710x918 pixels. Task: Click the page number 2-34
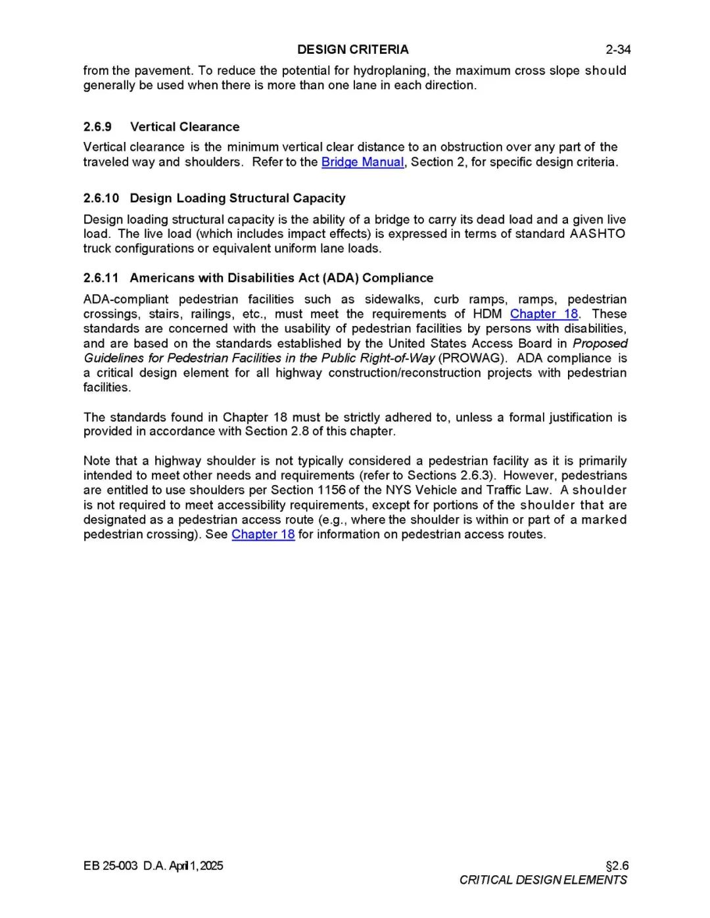(x=618, y=49)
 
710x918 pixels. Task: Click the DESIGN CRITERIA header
(x=352, y=49)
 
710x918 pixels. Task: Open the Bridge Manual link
(x=362, y=162)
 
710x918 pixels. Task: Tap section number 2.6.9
(x=97, y=127)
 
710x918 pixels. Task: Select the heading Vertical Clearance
(x=185, y=127)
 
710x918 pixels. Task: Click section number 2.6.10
(x=101, y=198)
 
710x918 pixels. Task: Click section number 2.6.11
(x=101, y=278)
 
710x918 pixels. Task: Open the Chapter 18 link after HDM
(x=544, y=314)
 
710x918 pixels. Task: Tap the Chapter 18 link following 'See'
(x=263, y=534)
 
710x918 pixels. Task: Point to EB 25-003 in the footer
(x=110, y=865)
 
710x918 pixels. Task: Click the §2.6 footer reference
(x=617, y=865)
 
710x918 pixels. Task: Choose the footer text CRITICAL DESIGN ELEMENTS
(x=543, y=880)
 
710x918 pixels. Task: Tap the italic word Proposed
(x=600, y=343)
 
